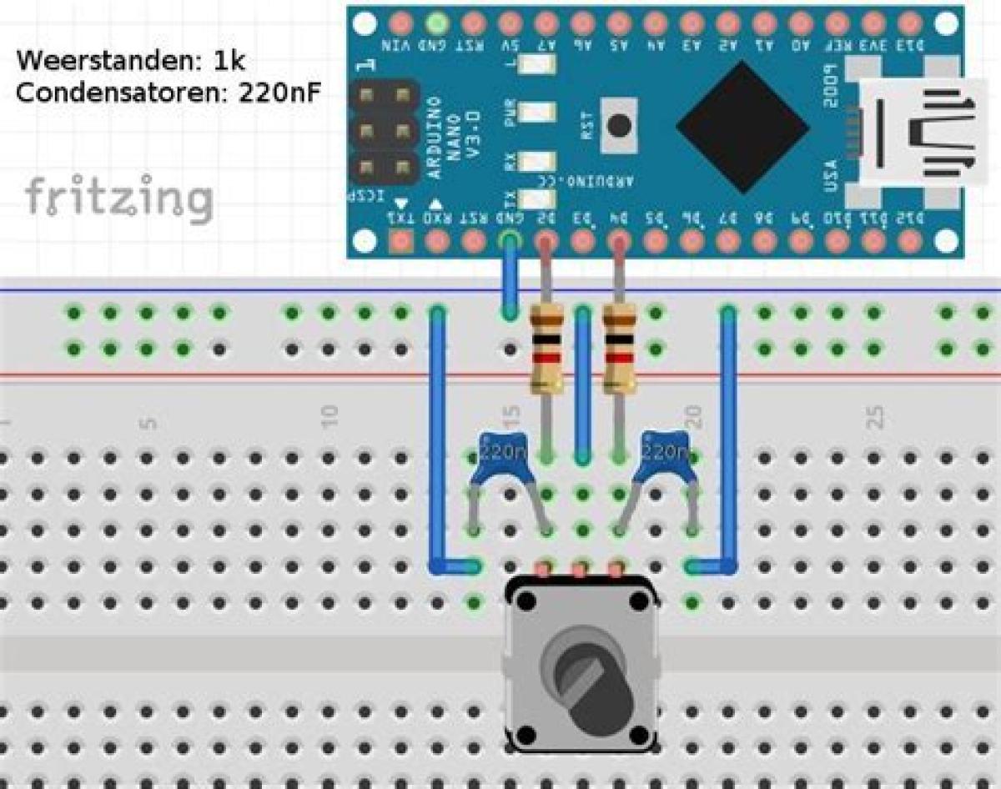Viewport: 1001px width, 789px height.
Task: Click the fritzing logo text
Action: [118, 198]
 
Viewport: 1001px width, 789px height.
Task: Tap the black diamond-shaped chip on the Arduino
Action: [742, 127]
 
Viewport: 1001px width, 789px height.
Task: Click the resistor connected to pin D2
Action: [546, 348]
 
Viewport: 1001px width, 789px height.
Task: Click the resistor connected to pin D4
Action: [619, 348]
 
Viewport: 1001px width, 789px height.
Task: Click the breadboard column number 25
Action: [874, 418]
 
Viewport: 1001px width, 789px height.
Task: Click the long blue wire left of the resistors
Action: [435, 442]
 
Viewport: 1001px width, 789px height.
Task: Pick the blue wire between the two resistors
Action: [583, 384]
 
